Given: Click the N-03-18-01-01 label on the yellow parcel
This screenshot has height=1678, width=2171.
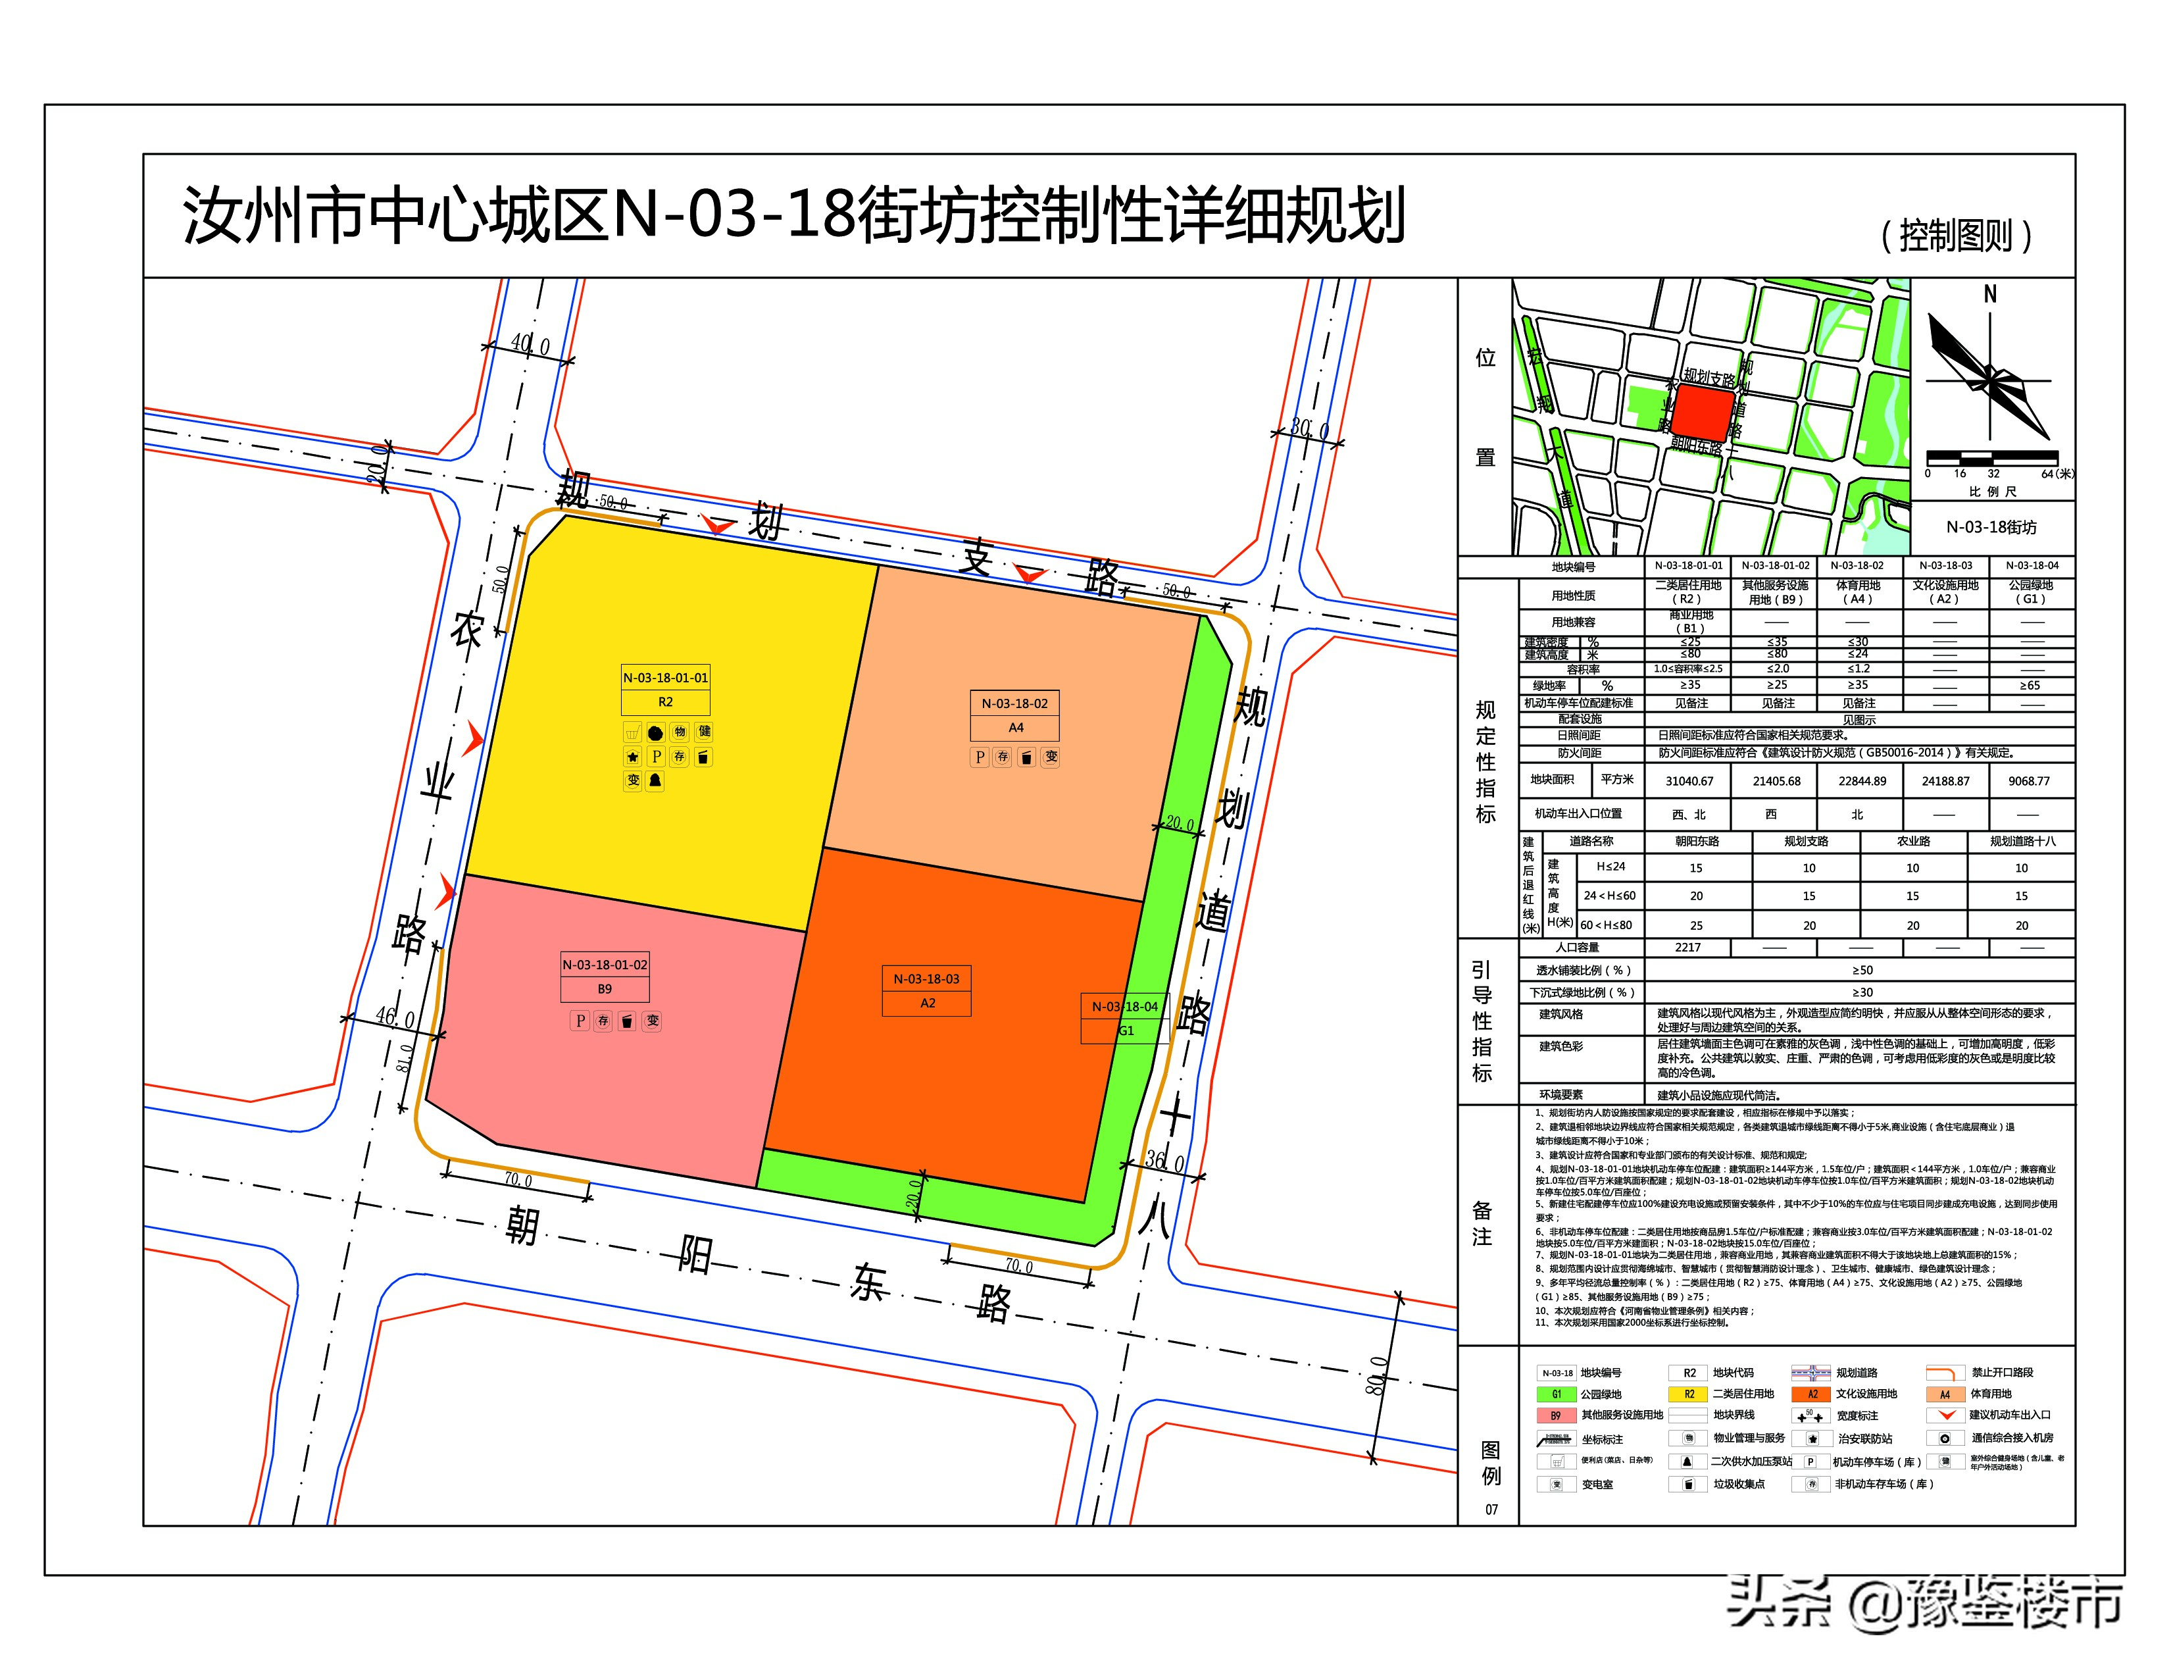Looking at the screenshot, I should (665, 678).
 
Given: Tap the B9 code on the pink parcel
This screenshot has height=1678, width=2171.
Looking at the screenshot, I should (605, 989).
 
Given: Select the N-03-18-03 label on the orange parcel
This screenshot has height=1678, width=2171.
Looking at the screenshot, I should (926, 979).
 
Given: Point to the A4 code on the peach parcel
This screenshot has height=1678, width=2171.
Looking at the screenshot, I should (1015, 728).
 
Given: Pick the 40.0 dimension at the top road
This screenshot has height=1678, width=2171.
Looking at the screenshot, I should (530, 345).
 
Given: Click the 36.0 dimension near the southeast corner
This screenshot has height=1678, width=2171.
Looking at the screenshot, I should (1165, 1161).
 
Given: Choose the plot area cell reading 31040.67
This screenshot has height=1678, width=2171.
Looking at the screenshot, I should (1689, 781).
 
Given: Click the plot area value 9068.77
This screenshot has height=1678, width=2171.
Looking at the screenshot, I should (2029, 781).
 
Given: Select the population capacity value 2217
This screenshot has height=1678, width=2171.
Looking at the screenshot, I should (1688, 948).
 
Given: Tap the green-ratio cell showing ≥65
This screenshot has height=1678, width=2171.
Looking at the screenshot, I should (2030, 685).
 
